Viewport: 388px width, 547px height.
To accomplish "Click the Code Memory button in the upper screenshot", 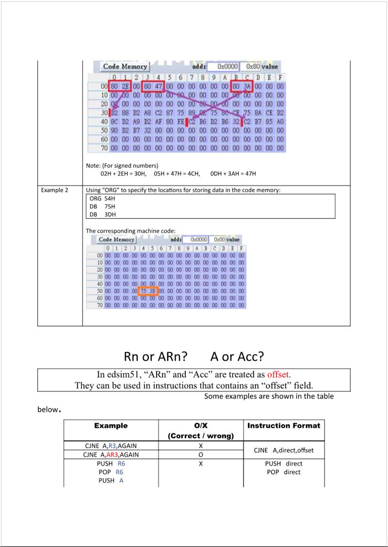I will [x=125, y=66].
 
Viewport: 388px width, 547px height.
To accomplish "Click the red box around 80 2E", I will [x=119, y=86].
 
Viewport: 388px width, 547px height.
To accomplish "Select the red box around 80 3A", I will [x=242, y=86].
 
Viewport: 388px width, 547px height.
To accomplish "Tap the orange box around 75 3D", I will [x=148, y=291].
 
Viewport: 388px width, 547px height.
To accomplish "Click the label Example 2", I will [x=55, y=190].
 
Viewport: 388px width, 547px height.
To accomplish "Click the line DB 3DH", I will [x=103, y=214].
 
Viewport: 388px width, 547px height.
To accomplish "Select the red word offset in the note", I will [x=278, y=375].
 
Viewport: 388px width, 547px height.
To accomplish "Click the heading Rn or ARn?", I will [x=156, y=357].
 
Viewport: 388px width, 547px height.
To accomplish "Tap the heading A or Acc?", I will [x=237, y=357].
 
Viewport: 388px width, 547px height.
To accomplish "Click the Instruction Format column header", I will [x=284, y=426].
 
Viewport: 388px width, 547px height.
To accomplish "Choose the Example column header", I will [x=111, y=426].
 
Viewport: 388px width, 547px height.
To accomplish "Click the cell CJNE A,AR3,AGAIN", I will [x=111, y=455].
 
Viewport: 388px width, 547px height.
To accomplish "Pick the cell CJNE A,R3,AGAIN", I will [x=111, y=446].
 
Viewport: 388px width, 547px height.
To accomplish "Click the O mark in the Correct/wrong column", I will [x=201, y=455].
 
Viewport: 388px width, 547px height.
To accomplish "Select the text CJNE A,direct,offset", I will [x=284, y=450].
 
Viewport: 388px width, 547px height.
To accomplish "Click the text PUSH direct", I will [x=284, y=464].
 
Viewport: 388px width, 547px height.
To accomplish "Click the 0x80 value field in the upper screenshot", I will [x=252, y=66].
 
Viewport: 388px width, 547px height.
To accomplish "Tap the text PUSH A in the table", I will [x=111, y=481].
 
